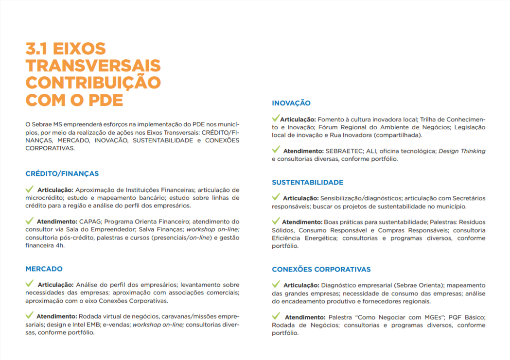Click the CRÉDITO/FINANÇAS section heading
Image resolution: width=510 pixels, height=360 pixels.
click(62, 173)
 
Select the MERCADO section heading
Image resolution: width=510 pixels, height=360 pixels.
click(44, 269)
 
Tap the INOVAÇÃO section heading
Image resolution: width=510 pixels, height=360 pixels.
click(291, 103)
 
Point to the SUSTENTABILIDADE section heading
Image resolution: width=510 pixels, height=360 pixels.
click(307, 182)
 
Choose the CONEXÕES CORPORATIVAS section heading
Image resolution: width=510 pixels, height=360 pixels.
click(321, 269)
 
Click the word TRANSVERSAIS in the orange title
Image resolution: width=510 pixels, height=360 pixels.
click(93, 66)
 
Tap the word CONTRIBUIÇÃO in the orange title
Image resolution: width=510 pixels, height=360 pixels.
click(93, 83)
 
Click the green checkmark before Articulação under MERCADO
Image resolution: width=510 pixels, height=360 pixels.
click(30, 283)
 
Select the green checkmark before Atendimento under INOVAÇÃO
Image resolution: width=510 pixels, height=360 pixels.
click(276, 150)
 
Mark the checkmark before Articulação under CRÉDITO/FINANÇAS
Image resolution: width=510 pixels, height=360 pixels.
click(30, 189)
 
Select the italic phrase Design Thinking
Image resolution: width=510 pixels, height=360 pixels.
click(462, 151)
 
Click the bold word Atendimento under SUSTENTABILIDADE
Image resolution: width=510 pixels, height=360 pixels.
click(302, 222)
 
